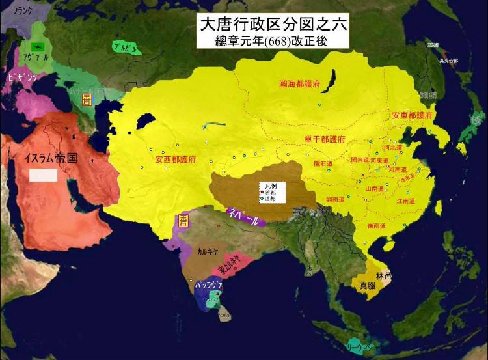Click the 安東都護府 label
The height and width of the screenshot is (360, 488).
pos(413,115)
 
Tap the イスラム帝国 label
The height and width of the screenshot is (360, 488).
pos(51,158)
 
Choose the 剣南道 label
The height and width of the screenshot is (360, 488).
pos(340,200)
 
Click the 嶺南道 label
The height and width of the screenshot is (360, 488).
pos(379,225)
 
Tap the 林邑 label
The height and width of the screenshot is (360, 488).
pos(384,275)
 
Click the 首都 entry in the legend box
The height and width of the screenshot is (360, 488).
pos(271,193)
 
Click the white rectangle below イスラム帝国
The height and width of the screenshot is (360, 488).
pos(44,174)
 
